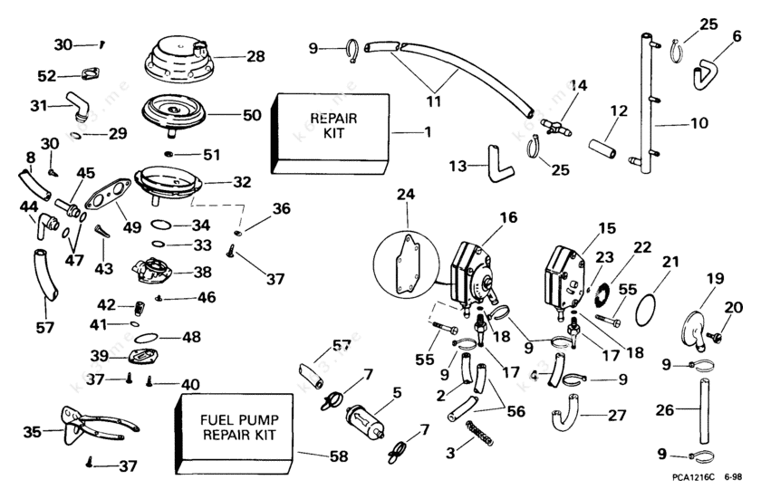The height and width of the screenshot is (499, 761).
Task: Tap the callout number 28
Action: [255, 56]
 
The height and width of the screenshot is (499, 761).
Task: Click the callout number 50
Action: [252, 115]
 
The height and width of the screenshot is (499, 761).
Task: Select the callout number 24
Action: [403, 196]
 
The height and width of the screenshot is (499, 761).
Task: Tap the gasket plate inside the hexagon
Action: [406, 264]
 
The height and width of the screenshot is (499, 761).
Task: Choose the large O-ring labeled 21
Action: [645, 309]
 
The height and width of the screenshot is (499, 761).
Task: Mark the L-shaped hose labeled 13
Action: [497, 158]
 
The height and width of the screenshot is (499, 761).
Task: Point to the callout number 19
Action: [715, 279]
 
